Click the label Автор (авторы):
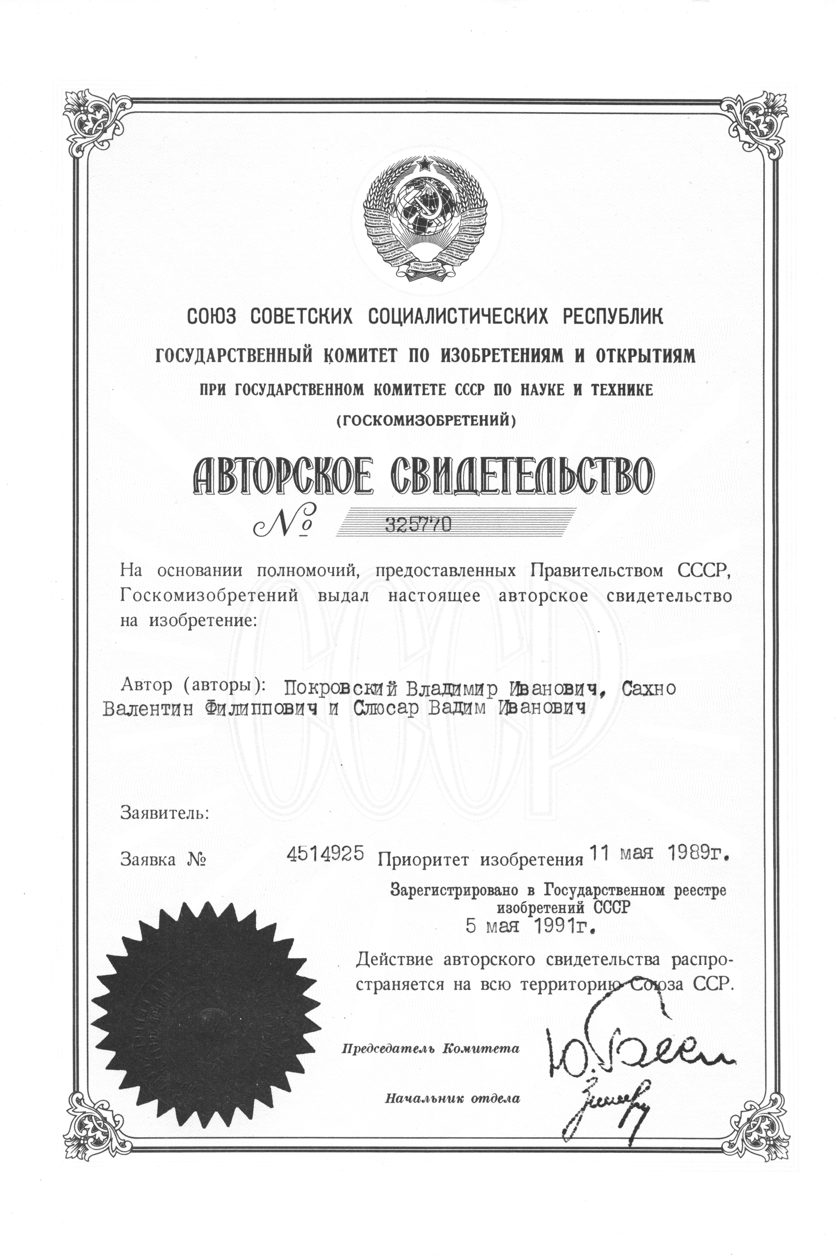pos(193,685)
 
